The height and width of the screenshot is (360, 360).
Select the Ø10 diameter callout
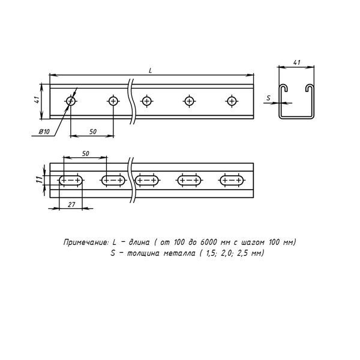pyautogui.click(x=43, y=131)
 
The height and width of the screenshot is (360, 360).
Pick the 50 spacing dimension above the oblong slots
pyautogui.click(x=85, y=154)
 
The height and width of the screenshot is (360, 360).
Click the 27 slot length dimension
pyautogui.click(x=71, y=205)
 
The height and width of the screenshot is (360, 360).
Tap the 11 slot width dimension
pyautogui.click(x=37, y=179)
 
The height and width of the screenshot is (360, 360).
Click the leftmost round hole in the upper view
pyautogui.click(x=71, y=101)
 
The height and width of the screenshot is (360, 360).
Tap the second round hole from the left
pyautogui.click(x=113, y=101)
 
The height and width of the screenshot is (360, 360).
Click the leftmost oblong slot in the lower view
pyautogui.click(x=71, y=179)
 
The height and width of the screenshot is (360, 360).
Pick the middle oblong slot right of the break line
pyautogui.click(x=189, y=179)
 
